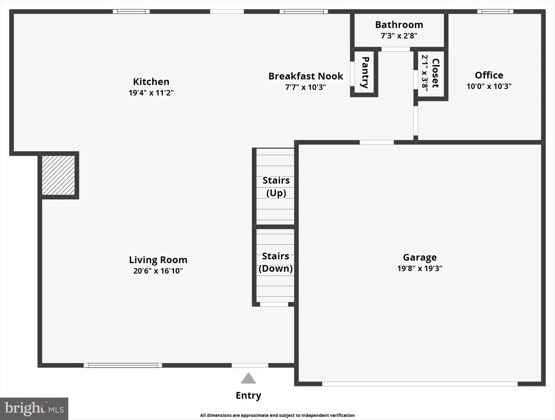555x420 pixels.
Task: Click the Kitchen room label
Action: coord(151,82)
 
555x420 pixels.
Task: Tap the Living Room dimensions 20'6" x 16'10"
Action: coord(158,271)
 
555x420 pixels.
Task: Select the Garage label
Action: coord(420,257)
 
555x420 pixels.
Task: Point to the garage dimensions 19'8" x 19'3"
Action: coord(420,268)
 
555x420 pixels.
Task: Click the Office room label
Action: coord(489,75)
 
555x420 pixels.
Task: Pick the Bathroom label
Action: coord(399,25)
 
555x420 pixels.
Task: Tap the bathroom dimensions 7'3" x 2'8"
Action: coord(399,35)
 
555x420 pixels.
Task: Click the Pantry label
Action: coord(365,73)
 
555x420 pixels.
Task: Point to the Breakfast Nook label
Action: coord(305,76)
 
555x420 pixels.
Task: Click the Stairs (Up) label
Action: coord(276,187)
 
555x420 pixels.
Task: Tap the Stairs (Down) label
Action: coord(276,262)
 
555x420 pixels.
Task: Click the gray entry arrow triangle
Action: coord(248,378)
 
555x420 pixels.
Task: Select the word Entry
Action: coord(248,396)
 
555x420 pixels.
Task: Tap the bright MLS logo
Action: coord(34,408)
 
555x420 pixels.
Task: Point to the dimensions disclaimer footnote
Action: coord(277,415)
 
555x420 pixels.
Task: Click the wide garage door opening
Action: coord(420,384)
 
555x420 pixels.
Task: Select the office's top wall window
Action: coord(495,12)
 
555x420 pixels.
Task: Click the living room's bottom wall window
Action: coord(123,365)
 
